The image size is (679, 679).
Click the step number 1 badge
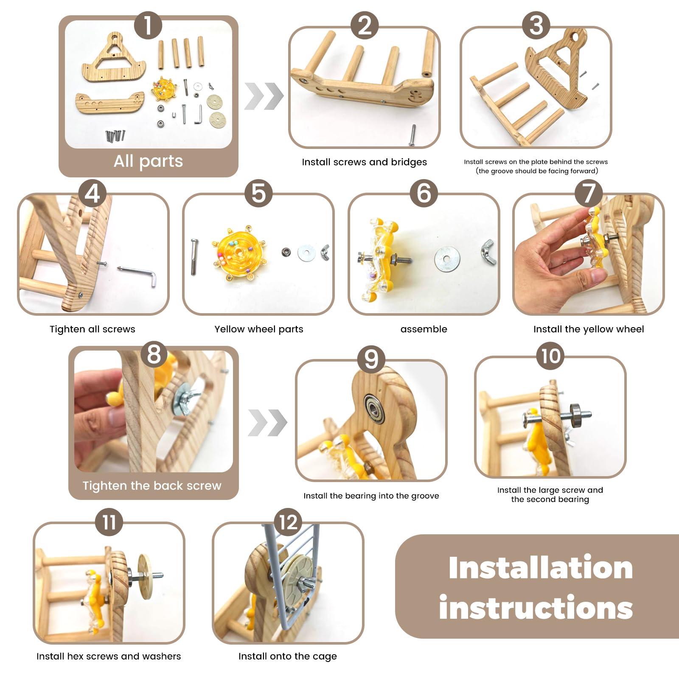(x=148, y=25)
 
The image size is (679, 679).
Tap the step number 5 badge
(x=258, y=194)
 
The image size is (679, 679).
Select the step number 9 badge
(x=371, y=359)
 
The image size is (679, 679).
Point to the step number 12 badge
(x=288, y=522)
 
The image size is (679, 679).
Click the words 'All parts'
(x=148, y=161)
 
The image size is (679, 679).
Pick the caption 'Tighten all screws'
(x=93, y=329)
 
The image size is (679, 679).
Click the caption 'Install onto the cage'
(x=288, y=657)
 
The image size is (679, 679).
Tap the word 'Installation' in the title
(x=541, y=568)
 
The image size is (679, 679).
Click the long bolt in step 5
(x=194, y=257)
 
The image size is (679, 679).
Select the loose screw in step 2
(x=412, y=135)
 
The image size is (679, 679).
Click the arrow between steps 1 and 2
(x=264, y=96)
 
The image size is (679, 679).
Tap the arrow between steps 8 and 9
(x=267, y=423)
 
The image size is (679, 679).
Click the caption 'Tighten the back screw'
(x=152, y=485)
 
